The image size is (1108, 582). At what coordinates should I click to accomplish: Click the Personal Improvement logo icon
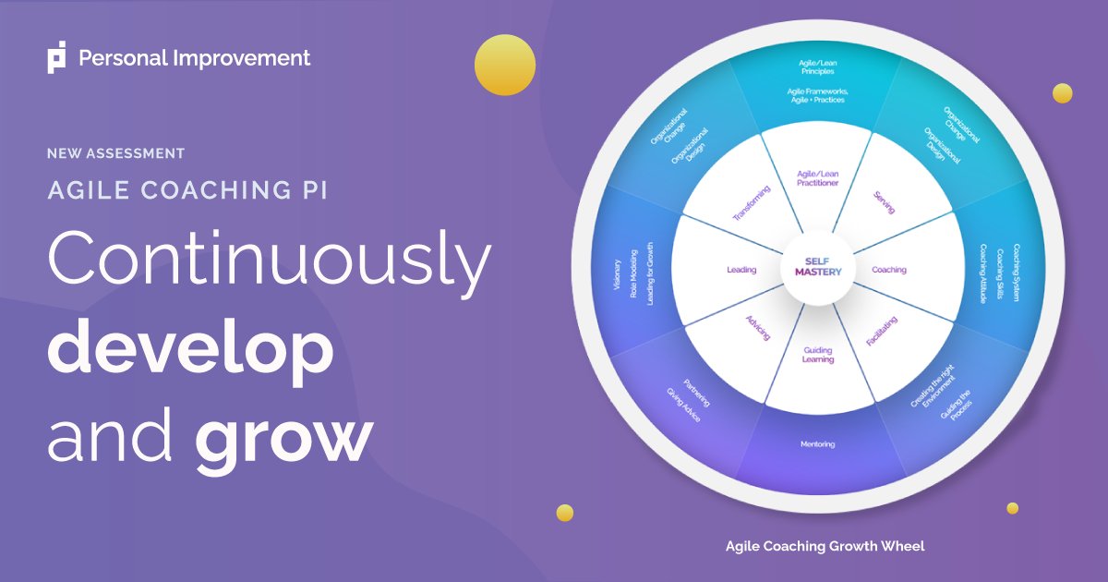(x=57, y=58)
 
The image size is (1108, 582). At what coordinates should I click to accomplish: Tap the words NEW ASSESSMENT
(x=115, y=153)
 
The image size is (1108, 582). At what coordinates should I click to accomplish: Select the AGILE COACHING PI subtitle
(x=187, y=190)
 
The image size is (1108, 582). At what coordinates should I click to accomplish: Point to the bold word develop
(x=189, y=350)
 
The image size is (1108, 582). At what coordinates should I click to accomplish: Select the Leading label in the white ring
(x=741, y=271)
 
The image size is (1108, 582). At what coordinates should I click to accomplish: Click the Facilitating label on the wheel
(x=882, y=331)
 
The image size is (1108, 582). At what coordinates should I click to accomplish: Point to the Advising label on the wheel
(x=757, y=328)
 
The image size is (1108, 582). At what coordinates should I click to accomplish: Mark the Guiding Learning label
(x=818, y=355)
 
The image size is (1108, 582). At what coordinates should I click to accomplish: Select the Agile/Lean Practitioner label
(x=817, y=178)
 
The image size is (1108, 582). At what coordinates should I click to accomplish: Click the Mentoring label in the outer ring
(x=817, y=444)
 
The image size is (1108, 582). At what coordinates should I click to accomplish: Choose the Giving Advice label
(x=684, y=406)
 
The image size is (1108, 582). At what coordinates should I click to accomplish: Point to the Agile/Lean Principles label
(x=817, y=67)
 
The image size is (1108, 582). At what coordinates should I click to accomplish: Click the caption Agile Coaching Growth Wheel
(x=825, y=546)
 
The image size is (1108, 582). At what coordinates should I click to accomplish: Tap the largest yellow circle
(x=505, y=65)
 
